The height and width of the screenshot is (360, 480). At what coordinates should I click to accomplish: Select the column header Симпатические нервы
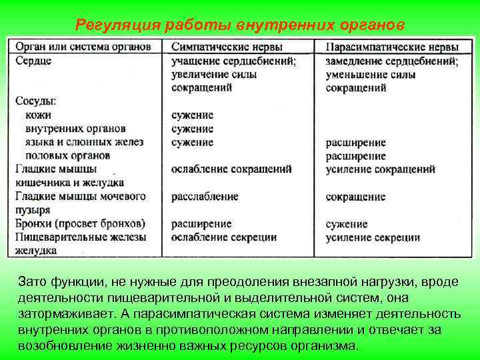tap(226, 47)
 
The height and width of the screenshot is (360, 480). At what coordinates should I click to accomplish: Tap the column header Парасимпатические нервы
tap(393, 48)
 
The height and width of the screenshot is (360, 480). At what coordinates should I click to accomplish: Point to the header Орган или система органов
tap(87, 47)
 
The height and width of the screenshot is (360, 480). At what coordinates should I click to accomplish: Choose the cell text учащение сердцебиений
tap(233, 61)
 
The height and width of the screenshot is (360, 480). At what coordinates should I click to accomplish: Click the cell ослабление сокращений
tap(231, 169)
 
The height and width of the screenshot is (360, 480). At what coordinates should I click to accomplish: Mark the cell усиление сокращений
tap(380, 169)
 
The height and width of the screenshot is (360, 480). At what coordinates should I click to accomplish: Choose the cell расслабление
tap(205, 197)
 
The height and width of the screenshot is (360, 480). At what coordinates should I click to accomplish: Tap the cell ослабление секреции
tap(223, 237)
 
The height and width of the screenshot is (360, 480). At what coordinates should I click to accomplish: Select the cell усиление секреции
tap(373, 237)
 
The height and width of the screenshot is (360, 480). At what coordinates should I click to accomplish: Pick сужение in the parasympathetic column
tap(347, 224)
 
